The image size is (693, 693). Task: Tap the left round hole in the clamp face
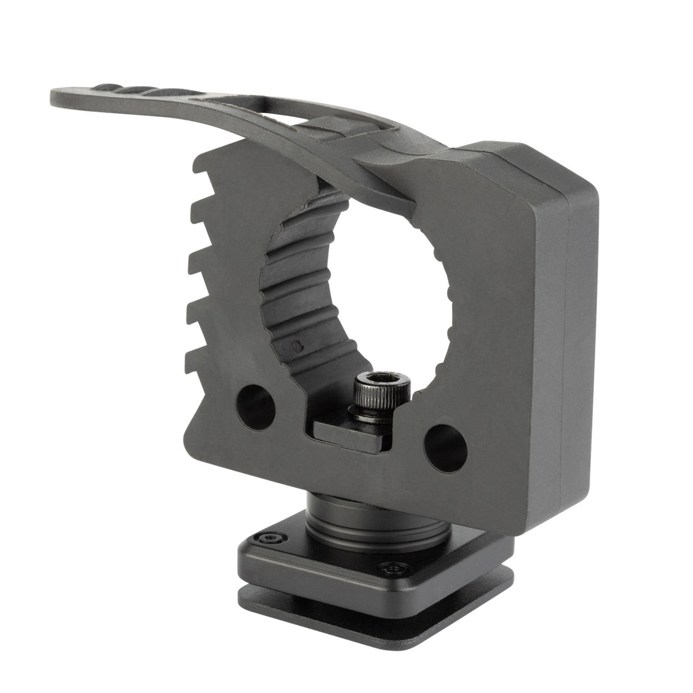click(x=255, y=404)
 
